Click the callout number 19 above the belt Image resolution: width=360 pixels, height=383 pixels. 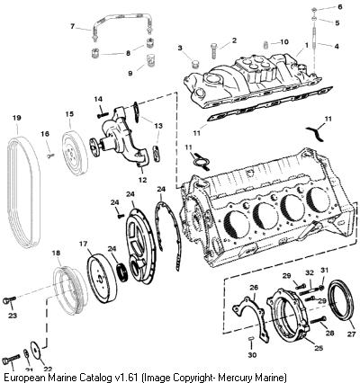17,118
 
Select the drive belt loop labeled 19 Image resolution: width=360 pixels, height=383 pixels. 8,191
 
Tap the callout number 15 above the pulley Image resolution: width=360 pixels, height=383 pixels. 69,114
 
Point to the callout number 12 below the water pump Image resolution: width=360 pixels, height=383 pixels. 142,180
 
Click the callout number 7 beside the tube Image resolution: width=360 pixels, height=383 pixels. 72,26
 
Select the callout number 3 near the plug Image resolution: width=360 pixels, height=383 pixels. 180,48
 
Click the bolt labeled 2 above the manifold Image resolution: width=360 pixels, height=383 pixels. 213,50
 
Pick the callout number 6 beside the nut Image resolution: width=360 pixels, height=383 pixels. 340,6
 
